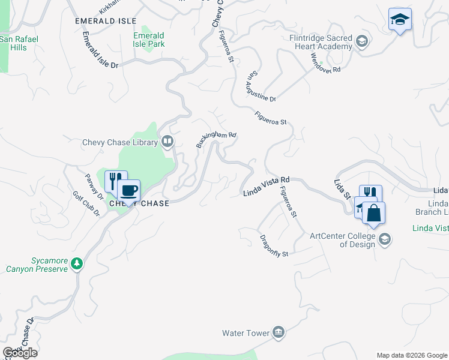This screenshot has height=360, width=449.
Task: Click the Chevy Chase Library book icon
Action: click(167, 142)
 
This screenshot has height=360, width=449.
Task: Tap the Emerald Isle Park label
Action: click(148, 40)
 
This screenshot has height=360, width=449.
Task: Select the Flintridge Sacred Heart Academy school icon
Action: click(361, 41)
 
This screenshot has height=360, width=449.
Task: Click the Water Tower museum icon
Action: click(278, 332)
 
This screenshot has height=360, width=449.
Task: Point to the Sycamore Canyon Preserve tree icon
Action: click(76, 263)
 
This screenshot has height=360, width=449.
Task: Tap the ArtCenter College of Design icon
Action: click(385, 240)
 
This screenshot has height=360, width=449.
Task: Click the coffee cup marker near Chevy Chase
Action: click(128, 191)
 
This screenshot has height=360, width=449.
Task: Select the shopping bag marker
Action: click(373, 214)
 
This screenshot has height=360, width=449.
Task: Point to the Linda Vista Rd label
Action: click(267, 186)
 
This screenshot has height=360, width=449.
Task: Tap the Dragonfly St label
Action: click(274, 245)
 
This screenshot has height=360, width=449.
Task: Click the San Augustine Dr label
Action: click(262, 87)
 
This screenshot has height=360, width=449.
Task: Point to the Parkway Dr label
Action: click(94, 184)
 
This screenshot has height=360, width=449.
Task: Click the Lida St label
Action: click(342, 188)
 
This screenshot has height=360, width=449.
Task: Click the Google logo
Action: click(19, 353)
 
